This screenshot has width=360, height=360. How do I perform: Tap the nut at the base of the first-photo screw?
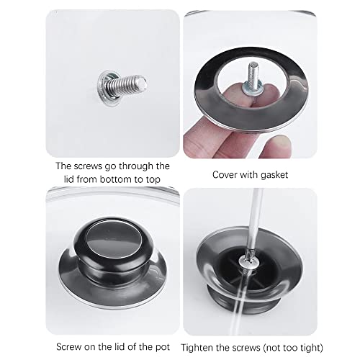click(106, 88)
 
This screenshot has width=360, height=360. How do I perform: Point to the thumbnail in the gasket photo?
click(279, 143)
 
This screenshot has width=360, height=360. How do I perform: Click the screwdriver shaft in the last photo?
click(254, 221)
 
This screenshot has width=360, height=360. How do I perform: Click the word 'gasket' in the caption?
click(274, 175)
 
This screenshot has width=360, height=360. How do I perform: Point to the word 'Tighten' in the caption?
click(197, 348)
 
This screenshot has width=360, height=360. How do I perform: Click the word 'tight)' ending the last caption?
click(312, 348)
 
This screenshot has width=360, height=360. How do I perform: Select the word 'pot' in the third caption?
click(163, 347)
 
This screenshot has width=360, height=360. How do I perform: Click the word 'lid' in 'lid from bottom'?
click(69, 179)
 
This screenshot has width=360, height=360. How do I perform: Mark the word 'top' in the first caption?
click(153, 180)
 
